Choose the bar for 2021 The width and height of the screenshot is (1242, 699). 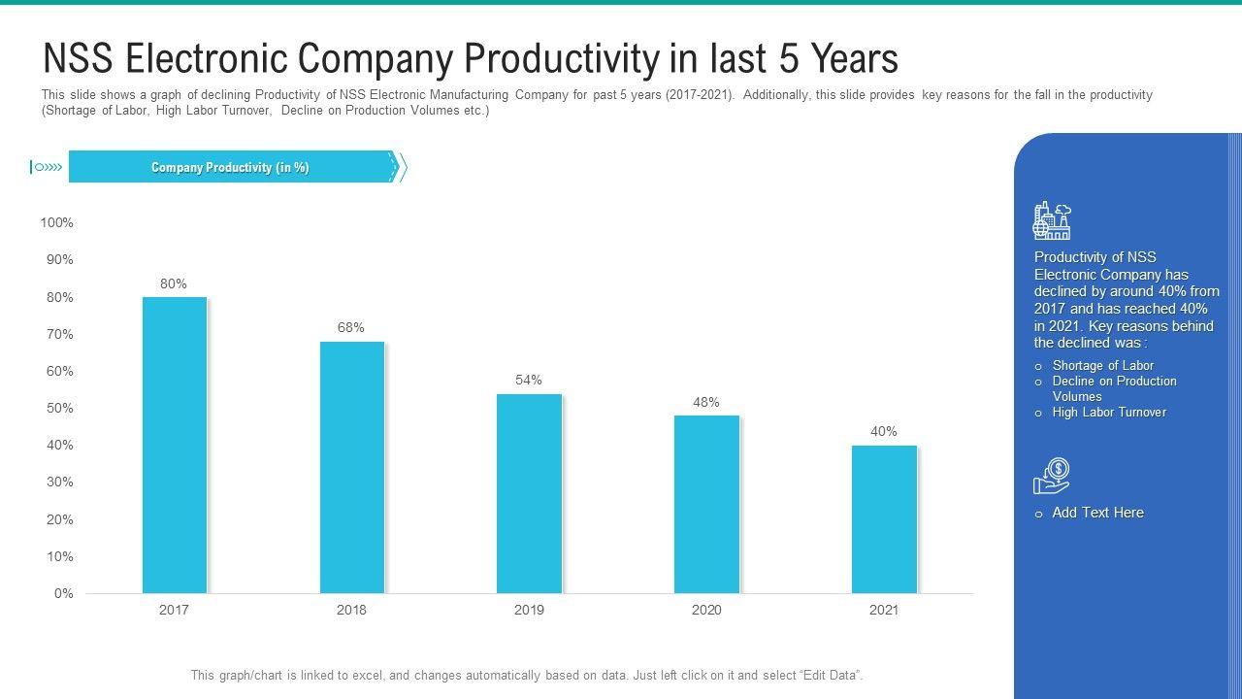[884, 519]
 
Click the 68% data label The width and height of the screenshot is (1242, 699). [351, 328]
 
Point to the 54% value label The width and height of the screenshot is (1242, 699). [529, 380]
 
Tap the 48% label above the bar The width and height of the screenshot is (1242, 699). [706, 402]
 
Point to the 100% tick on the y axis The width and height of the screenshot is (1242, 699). [56, 223]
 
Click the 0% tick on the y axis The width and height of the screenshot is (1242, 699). [63, 593]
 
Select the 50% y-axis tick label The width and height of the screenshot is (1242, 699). [59, 409]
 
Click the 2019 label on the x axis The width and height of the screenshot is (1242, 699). [529, 611]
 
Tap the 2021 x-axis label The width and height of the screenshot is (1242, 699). [884, 611]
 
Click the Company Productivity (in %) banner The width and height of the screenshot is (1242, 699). [230, 168]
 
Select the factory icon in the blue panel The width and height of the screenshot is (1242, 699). [1052, 221]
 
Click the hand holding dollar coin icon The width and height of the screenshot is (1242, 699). [1052, 476]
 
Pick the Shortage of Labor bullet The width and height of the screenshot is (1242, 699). [1102, 366]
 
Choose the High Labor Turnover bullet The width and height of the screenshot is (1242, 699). [1109, 413]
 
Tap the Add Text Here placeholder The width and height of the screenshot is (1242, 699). [1097, 513]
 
